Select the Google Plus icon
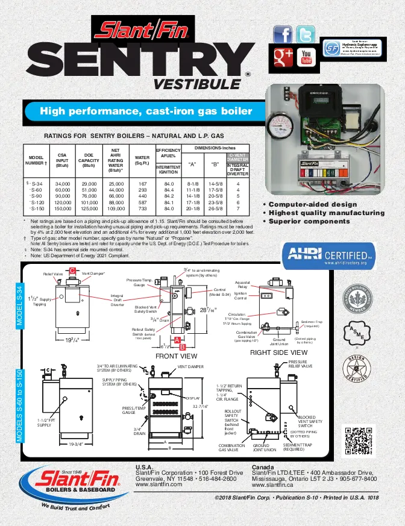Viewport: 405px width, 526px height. (283, 57)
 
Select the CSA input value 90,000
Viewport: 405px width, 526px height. (63, 196)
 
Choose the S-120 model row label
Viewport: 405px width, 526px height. (36, 202)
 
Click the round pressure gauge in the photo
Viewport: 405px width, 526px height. (284, 127)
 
